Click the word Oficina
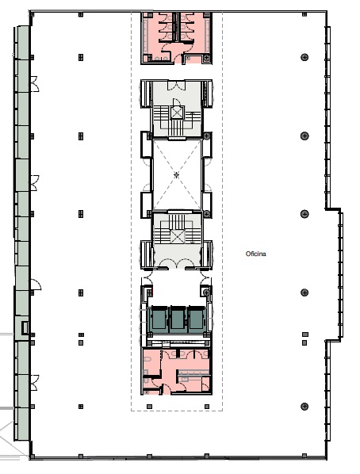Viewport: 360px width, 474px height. pyautogui.click(x=256, y=254)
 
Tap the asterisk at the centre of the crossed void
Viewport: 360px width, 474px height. pyautogui.click(x=177, y=174)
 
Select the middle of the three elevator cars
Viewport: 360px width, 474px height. pyautogui.click(x=178, y=319)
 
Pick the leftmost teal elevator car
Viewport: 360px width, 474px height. pyautogui.click(x=159, y=319)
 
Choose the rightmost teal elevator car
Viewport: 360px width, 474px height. pyautogui.click(x=197, y=319)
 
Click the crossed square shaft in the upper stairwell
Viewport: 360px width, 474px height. pyautogui.click(x=177, y=113)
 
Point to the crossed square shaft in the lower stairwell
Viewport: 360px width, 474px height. pyautogui.click(x=178, y=236)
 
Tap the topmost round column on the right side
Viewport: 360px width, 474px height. pyautogui.click(x=304, y=57)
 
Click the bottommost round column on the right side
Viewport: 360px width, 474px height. pyautogui.click(x=304, y=407)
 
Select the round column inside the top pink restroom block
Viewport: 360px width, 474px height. pyautogui.click(x=207, y=57)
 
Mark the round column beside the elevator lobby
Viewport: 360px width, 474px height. pyautogui.click(x=206, y=292)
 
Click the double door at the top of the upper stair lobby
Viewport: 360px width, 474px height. pyautogui.click(x=177, y=86)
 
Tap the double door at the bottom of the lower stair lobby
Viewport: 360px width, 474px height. pyautogui.click(x=177, y=264)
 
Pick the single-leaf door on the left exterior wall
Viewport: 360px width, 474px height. pyautogui.click(x=35, y=285)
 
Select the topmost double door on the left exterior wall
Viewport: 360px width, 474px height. pyautogui.click(x=34, y=84)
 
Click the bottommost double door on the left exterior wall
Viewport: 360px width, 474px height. pyautogui.click(x=34, y=382)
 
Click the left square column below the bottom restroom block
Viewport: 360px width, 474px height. pyautogui.click(x=149, y=407)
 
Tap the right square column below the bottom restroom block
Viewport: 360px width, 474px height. pyautogui.click(x=207, y=407)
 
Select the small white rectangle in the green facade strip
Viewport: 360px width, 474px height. pyautogui.click(x=25, y=328)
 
